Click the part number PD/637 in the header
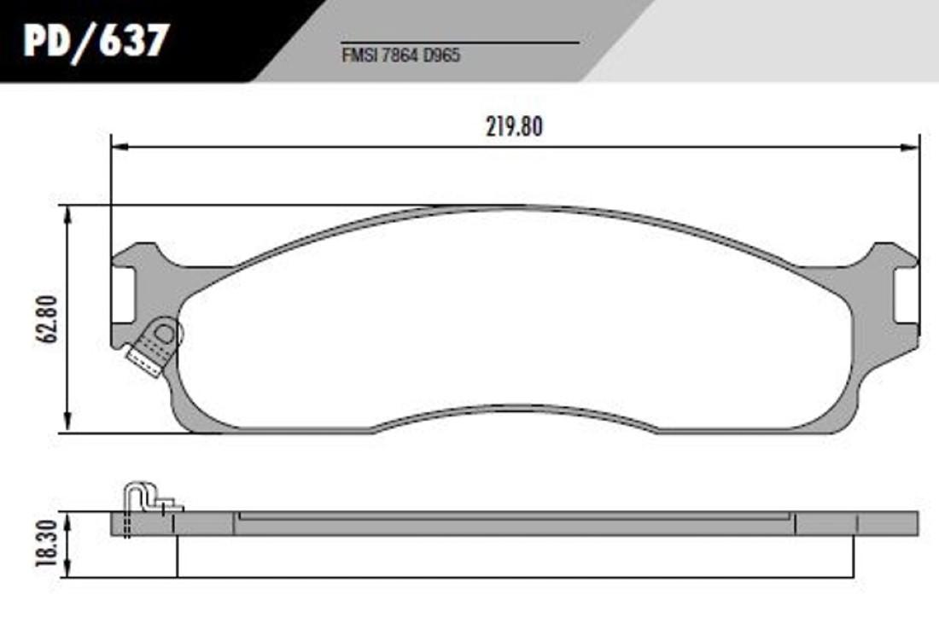(96, 41)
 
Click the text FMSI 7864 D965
(400, 55)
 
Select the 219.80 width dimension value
(515, 127)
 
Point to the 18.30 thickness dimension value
(47, 544)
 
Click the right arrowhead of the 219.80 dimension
(909, 147)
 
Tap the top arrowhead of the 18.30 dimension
(68, 521)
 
